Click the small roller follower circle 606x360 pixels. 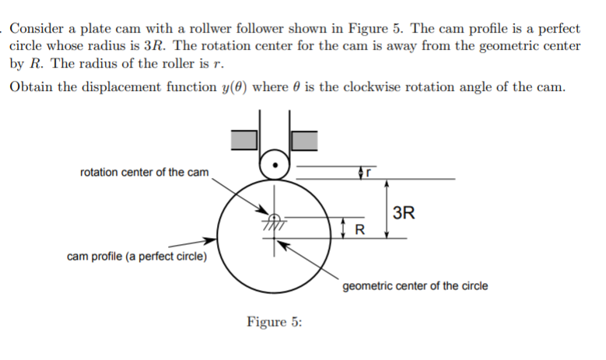[x=274, y=164]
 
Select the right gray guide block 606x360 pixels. [x=305, y=139]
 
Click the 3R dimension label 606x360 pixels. [x=404, y=212]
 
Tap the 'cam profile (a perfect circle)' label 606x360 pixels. [x=137, y=257]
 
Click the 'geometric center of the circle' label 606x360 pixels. [x=415, y=285]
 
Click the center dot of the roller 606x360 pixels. [x=274, y=164]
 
